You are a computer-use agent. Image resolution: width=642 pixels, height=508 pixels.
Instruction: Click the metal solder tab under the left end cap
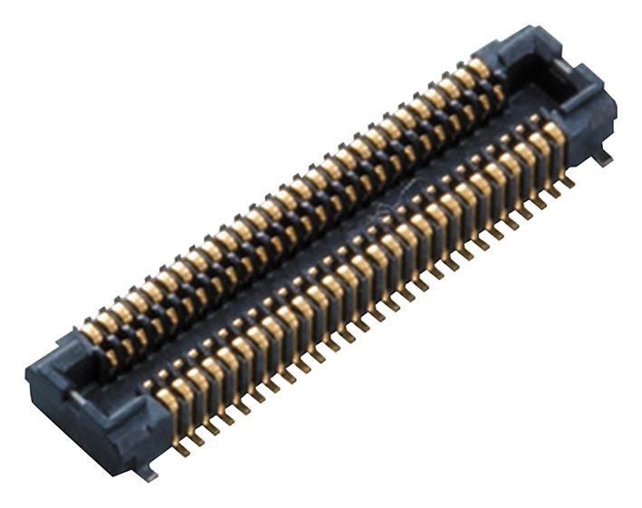pos(145,473)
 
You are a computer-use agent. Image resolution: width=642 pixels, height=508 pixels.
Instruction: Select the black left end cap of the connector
pos(91,398)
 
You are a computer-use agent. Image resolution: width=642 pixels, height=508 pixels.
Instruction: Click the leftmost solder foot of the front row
pos(182,448)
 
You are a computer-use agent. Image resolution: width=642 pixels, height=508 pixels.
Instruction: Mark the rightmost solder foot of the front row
pos(568,182)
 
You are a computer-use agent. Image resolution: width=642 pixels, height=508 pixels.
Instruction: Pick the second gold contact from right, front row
pos(540,143)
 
